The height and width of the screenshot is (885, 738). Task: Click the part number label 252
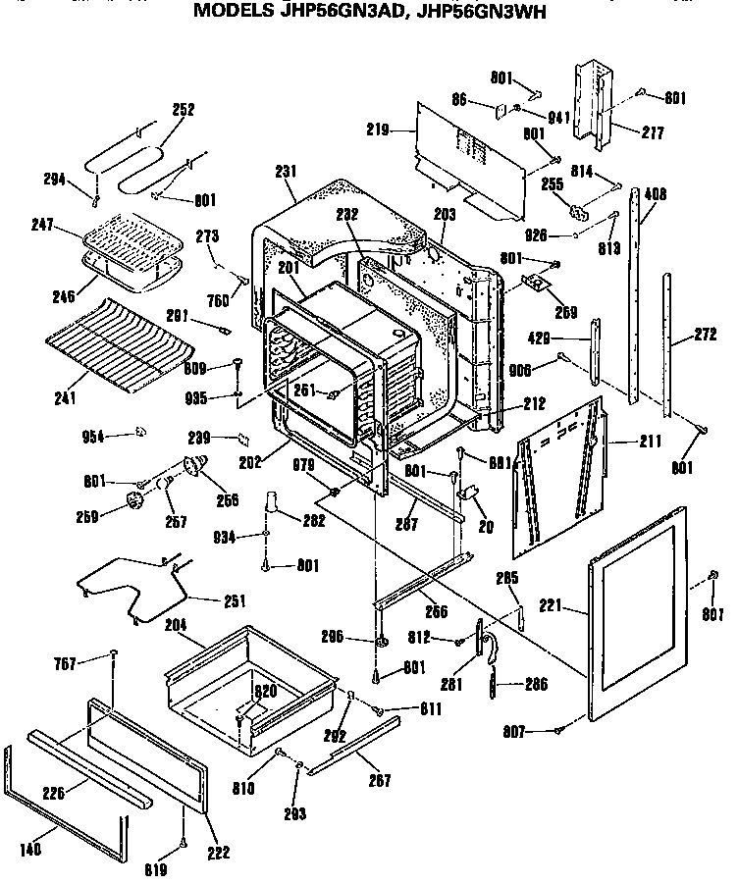[x=184, y=110]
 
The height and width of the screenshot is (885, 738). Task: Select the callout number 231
[x=286, y=171]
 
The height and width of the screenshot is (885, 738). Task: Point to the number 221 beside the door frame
[x=550, y=607]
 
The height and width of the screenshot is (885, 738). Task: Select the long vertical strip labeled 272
[x=670, y=343]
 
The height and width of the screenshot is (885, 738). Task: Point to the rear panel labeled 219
[x=471, y=157]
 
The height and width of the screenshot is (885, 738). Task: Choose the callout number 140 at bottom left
[x=31, y=850]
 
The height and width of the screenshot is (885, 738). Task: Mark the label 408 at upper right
[x=655, y=195]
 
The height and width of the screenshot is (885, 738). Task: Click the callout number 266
[x=436, y=611]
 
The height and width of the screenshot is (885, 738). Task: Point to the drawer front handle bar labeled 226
[x=88, y=765]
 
